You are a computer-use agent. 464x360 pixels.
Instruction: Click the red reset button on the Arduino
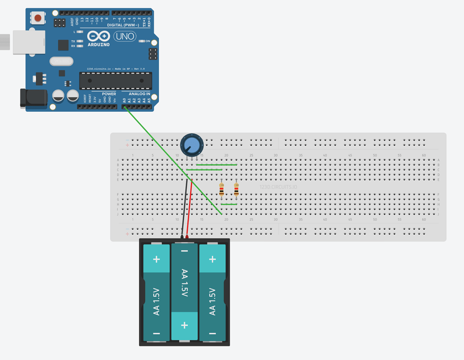click(38, 18)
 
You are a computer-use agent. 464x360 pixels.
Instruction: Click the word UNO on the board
click(125, 36)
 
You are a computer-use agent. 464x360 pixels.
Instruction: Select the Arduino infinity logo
click(98, 36)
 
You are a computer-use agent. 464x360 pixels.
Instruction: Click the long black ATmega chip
click(116, 81)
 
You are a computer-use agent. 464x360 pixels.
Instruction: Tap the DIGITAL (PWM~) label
click(123, 25)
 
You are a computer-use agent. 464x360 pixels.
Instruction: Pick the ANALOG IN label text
click(139, 94)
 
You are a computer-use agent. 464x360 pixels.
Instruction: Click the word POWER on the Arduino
click(109, 94)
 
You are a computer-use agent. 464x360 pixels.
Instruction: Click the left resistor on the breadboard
click(221, 189)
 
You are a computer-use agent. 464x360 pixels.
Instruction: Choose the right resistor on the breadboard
click(236, 189)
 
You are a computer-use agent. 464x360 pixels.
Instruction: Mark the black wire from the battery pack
click(184, 209)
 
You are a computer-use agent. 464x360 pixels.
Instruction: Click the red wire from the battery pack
click(190, 209)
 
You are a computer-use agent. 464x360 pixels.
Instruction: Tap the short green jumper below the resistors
click(229, 204)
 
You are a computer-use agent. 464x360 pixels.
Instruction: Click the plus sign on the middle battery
click(184, 326)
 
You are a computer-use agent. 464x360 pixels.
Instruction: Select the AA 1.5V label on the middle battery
click(185, 283)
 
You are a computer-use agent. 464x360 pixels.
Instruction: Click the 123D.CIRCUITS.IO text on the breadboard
click(278, 187)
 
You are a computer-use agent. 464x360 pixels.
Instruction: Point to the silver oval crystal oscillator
click(61, 61)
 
